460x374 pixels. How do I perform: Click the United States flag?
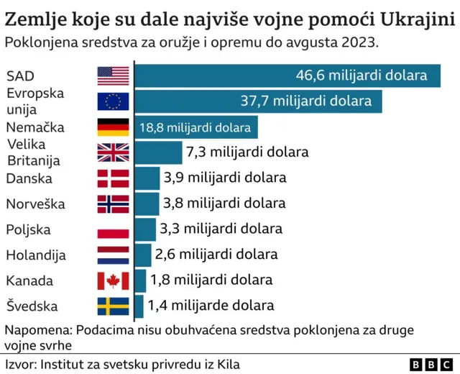[113, 76]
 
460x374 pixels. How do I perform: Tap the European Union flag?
[113, 101]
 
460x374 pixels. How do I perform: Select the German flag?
[113, 127]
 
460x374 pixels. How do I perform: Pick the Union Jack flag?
[113, 152]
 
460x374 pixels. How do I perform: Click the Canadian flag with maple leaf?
[113, 280]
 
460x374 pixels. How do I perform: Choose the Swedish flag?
[113, 306]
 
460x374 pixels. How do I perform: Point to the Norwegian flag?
[113, 204]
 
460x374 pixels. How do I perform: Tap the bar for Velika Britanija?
[159, 152]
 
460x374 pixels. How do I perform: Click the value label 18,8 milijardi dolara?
[195, 128]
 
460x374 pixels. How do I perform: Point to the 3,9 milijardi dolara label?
[224, 178]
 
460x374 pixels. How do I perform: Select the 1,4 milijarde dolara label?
[211, 306]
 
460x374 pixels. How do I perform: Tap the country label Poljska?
[28, 229]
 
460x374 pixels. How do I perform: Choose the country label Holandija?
[36, 255]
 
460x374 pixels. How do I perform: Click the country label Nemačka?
[35, 127]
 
